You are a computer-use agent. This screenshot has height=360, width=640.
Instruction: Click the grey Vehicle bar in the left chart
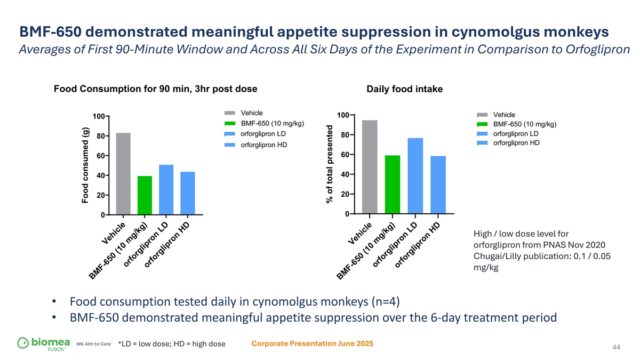point(123,173)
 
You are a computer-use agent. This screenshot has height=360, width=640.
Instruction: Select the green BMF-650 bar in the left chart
point(145,195)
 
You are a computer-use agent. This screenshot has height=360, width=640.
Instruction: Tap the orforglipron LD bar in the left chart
point(166,189)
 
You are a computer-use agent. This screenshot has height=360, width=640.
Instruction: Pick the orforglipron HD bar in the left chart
point(188,193)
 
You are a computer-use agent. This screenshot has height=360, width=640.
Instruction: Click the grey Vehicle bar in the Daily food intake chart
point(370,167)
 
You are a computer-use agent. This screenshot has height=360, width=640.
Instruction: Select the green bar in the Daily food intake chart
point(393,185)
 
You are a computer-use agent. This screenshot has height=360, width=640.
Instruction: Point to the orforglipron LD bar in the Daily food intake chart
point(415,176)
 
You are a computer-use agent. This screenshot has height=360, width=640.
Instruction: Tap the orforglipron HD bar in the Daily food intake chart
point(438,185)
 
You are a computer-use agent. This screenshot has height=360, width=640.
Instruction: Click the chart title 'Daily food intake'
point(405,89)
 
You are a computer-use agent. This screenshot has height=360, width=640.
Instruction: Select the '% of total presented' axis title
point(330,164)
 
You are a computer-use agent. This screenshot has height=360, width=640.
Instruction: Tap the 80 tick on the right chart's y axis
point(344,135)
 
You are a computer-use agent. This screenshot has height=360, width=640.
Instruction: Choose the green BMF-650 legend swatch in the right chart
point(482,124)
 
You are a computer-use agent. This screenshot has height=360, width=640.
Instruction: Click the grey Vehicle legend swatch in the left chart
point(229,113)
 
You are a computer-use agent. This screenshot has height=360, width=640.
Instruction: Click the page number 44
point(616,348)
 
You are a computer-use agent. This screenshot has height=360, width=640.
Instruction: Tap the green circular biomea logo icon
point(23,342)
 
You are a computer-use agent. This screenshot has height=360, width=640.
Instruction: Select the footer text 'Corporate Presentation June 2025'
point(312,343)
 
